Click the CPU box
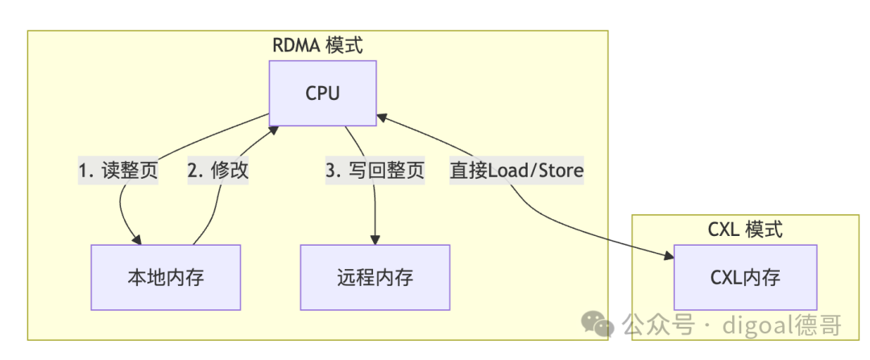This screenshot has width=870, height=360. coord(323,93)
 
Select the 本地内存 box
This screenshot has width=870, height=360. coord(166,277)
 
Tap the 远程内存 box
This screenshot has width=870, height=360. coord(375,277)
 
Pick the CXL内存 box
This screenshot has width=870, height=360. coord(745,277)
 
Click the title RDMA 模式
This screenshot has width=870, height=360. coord(318,45)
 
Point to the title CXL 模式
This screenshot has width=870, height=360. coord(746,229)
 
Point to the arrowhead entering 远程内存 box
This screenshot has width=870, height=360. coord(375,240)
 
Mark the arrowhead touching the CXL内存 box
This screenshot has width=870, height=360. coord(669,256)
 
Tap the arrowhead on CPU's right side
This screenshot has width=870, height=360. coord(382,117)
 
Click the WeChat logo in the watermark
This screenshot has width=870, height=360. coord(597,322)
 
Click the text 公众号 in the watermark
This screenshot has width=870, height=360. coord(658,325)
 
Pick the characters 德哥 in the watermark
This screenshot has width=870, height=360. coord(818,325)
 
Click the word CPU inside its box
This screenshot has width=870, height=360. coord(323,93)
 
